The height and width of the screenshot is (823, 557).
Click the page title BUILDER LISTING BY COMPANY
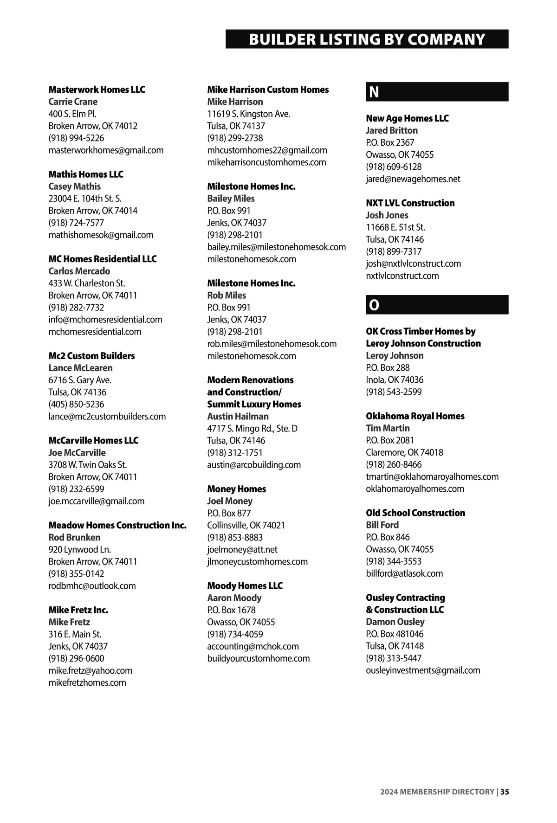coord(367,39)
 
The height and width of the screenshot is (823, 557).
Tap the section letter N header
coord(374,92)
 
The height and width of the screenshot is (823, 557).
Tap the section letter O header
coord(374,305)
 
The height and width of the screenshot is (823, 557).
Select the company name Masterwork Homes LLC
coord(97,90)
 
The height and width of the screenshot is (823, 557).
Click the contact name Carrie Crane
coord(73,102)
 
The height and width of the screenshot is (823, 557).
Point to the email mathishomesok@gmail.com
coord(101,235)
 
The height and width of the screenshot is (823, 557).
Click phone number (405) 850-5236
coord(76,404)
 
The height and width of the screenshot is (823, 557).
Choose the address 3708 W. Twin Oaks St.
coord(87,464)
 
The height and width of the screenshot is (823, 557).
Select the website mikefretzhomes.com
coord(87,682)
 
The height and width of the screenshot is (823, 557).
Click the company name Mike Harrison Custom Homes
coord(268,90)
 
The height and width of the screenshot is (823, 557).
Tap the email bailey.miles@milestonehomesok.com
coord(276,247)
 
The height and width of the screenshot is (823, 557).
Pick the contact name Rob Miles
coord(227,295)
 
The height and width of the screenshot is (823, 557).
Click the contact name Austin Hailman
coord(238,416)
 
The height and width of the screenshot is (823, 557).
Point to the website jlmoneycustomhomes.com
coord(257,561)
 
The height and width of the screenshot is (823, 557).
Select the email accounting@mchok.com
coord(253,646)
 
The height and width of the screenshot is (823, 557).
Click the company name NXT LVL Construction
coord(410,203)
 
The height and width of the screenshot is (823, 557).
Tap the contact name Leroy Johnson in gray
coord(395,355)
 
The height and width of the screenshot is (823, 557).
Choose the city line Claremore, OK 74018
coord(404,452)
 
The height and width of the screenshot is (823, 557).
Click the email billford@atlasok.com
coord(404,573)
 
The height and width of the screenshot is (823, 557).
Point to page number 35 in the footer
coord(505,792)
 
